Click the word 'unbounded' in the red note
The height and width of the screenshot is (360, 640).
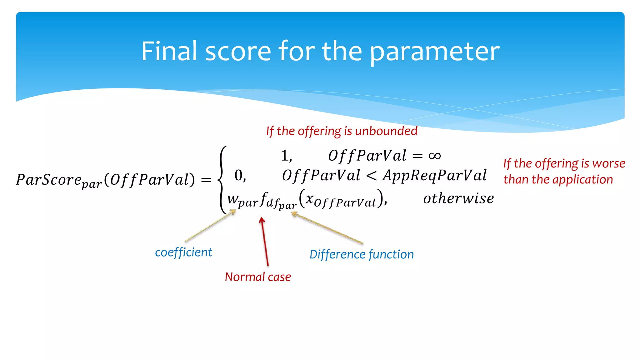[x=386, y=131]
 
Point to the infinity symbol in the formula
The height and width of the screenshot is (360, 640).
[x=434, y=156]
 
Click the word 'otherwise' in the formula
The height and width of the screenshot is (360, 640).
[x=458, y=198]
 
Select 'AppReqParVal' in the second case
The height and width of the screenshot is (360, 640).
[x=434, y=176]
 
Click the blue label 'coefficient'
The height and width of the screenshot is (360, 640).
[x=183, y=252]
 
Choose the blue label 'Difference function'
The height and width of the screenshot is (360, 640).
[x=362, y=254]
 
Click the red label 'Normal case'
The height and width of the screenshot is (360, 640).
[x=258, y=277]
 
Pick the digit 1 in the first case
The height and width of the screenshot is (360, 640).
[x=284, y=156]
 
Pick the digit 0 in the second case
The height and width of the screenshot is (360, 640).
[x=238, y=176]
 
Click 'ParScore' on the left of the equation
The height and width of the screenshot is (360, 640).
[x=48, y=180]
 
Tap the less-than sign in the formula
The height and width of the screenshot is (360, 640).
[x=371, y=176]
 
